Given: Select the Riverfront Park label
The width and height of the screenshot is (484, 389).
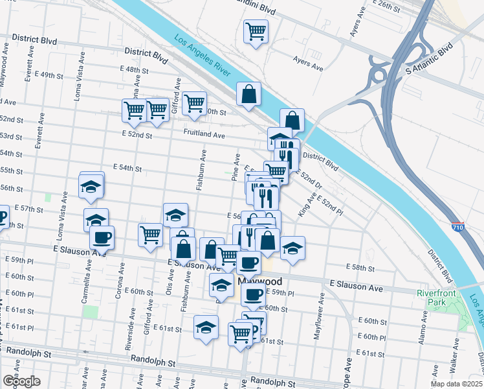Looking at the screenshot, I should (x=438, y=297).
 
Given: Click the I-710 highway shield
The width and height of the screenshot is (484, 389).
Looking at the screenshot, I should (x=457, y=228).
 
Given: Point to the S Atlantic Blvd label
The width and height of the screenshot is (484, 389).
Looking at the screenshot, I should (x=428, y=60).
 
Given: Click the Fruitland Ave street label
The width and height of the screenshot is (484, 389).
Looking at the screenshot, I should (x=203, y=136).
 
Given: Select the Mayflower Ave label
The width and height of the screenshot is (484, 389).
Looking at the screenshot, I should (x=318, y=317).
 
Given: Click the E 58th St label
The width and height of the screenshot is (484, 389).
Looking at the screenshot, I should (x=360, y=267).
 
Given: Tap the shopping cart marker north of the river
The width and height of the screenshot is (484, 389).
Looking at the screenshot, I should (x=256, y=30).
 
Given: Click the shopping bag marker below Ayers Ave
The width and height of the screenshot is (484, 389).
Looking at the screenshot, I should (x=248, y=94).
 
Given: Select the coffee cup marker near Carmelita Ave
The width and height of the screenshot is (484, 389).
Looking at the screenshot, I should (x=102, y=237).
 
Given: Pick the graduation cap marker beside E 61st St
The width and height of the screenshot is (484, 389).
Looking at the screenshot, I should (x=206, y=325).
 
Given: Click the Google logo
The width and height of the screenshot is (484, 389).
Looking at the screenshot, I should (x=21, y=381).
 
